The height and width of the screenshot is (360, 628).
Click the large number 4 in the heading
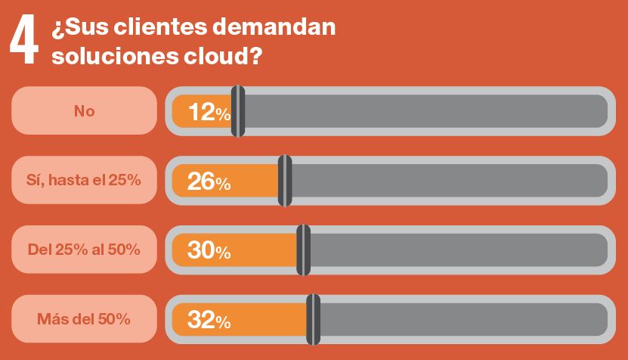23,42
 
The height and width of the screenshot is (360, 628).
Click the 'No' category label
84,111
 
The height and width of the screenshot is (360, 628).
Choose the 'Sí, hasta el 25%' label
84,180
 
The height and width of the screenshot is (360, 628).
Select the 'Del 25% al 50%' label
84,249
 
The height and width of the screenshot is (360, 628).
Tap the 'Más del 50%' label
84,318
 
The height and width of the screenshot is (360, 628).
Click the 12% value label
209,112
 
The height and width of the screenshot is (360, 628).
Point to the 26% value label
209,182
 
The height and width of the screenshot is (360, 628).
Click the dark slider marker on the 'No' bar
238,111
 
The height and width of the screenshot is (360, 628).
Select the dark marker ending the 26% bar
285,181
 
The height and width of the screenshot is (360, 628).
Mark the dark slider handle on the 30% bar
304,250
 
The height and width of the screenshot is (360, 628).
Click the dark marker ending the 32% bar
313,319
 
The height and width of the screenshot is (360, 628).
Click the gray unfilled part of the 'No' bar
423,111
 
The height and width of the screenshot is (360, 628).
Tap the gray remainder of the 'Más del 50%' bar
461,319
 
